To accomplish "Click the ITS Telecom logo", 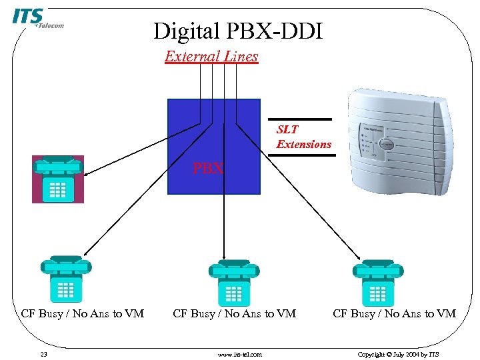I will click(x=37, y=19).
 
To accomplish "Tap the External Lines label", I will click(x=211, y=57).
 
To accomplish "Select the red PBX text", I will click(x=208, y=169).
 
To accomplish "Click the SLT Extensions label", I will click(x=303, y=137).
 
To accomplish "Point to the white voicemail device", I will click(x=397, y=141).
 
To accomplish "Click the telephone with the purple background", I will click(x=58, y=179).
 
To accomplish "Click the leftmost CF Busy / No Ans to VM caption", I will click(x=83, y=313).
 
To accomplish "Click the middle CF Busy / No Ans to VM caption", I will click(x=235, y=313).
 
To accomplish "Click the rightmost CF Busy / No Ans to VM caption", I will click(x=394, y=313).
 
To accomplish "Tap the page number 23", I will click(x=43, y=354).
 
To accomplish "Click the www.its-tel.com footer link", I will click(x=240, y=354).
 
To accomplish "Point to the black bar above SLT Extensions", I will click(x=309, y=119).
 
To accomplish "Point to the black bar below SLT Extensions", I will click(x=309, y=155).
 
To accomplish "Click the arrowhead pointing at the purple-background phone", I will click(x=87, y=175).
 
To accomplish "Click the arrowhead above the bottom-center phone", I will click(x=225, y=258).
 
